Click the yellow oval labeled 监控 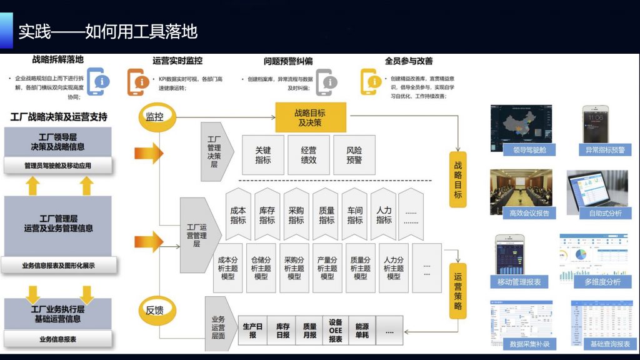(155, 117)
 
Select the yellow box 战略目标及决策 (311, 117)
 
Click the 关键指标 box (263, 155)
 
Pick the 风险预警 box (354, 155)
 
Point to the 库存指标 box (267, 215)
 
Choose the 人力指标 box (384, 215)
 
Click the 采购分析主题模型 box (294, 268)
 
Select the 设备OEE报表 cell (336, 331)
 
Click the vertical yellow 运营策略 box (458, 291)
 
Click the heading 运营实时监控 (177, 61)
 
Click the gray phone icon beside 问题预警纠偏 (326, 82)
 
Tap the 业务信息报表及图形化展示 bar (58, 266)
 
